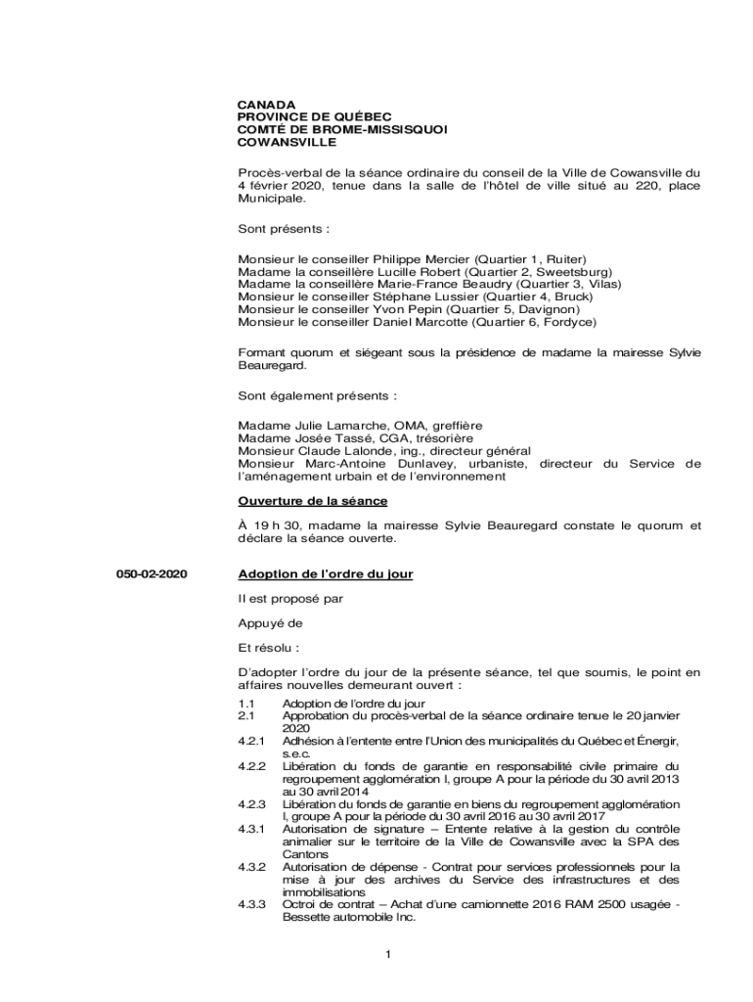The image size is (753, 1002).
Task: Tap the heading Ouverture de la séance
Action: (313, 501)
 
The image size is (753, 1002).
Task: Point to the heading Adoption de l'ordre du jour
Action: (326, 573)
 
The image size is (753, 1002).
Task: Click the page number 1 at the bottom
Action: (388, 955)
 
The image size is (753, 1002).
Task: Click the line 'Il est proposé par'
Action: (290, 597)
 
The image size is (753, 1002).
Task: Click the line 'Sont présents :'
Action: (284, 229)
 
